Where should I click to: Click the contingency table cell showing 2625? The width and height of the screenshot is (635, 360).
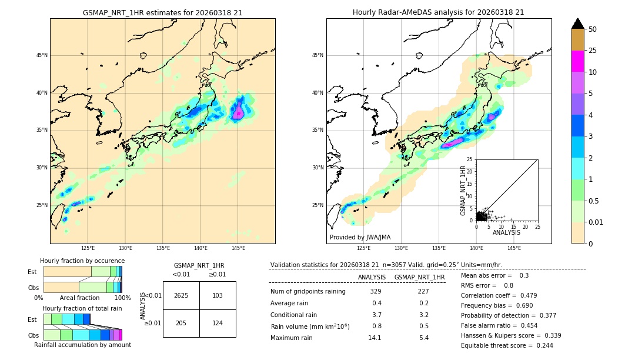click(x=181, y=295)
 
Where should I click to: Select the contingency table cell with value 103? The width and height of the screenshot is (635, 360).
click(x=218, y=295)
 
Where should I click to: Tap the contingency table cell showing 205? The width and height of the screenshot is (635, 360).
click(x=181, y=324)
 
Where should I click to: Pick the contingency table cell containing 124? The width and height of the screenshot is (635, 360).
click(x=218, y=324)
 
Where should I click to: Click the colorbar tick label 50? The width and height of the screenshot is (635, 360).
click(x=593, y=29)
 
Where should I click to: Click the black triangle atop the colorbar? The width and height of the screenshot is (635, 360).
click(x=578, y=24)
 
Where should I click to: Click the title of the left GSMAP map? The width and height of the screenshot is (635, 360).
click(x=162, y=12)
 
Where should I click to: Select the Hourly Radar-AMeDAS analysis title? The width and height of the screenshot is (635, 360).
click(x=439, y=12)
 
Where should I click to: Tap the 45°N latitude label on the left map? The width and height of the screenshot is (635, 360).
click(x=42, y=55)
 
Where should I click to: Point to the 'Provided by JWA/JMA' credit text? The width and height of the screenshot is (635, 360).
click(x=360, y=237)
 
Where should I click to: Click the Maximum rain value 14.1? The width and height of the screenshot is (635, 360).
click(x=375, y=338)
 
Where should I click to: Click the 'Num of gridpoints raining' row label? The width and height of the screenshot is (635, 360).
click(x=308, y=292)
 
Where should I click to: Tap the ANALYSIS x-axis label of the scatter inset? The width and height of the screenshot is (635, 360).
click(x=506, y=232)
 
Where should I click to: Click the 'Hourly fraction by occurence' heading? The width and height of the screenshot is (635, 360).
click(x=82, y=261)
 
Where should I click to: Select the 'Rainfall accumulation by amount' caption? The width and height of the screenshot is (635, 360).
click(x=82, y=345)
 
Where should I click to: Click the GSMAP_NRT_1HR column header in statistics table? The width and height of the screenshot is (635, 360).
click(x=419, y=277)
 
